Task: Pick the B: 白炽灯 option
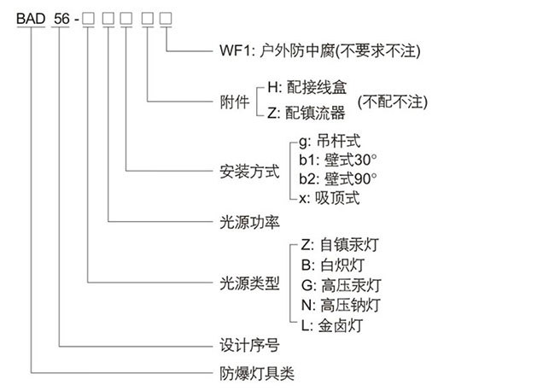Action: point(328,265)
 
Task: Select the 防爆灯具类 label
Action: point(252,372)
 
